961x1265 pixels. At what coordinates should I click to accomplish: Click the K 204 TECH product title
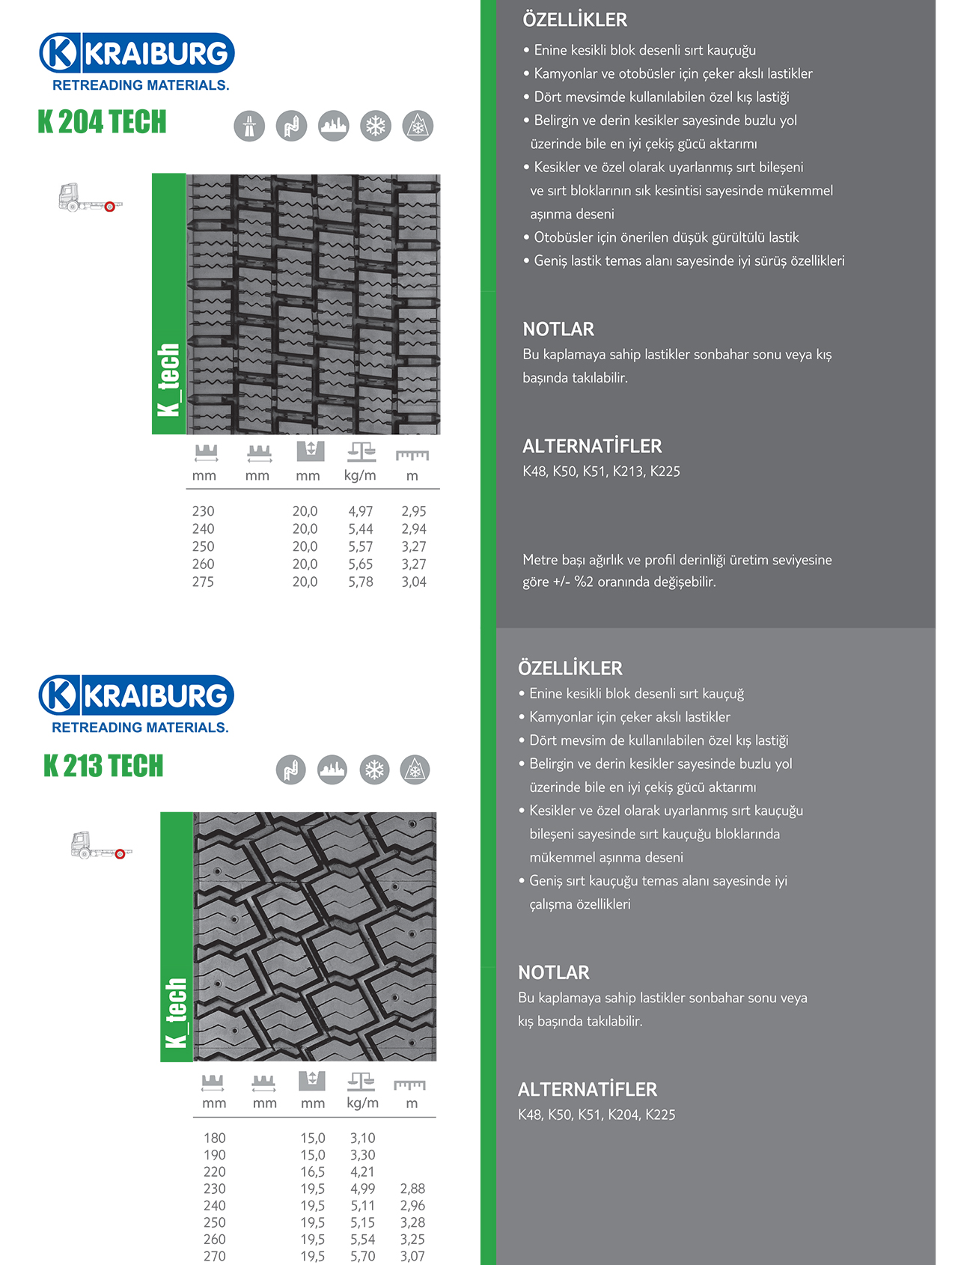point(102,122)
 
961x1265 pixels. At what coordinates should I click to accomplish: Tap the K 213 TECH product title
point(103,766)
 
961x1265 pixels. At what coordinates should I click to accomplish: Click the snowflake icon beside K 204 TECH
point(376,126)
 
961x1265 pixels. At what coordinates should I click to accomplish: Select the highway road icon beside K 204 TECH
point(249,126)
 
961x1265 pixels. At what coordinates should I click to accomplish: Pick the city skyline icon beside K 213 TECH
point(332,769)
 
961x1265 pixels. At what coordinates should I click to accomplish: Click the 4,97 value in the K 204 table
point(360,511)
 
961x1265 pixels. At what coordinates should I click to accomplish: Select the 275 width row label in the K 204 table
point(203,582)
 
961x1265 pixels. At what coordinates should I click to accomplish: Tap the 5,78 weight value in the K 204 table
point(360,582)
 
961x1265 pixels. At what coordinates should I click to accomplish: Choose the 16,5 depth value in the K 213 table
point(313,1171)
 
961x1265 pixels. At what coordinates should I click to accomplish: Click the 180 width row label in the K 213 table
point(215,1138)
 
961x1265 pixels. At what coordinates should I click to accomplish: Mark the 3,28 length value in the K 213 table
point(412,1222)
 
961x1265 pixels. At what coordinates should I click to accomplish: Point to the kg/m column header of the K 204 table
point(360,475)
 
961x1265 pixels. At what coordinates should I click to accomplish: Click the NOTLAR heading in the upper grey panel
point(558,329)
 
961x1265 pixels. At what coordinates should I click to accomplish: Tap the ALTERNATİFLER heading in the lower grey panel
point(588,1089)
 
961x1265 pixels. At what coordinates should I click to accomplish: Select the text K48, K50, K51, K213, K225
point(601,471)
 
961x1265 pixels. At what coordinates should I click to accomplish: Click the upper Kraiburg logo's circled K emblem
point(59,53)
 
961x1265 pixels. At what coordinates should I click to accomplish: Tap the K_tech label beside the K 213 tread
point(176,1012)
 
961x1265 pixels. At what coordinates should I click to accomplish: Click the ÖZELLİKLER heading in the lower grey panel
point(570,668)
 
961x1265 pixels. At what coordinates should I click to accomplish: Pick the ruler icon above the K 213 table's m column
point(409,1085)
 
